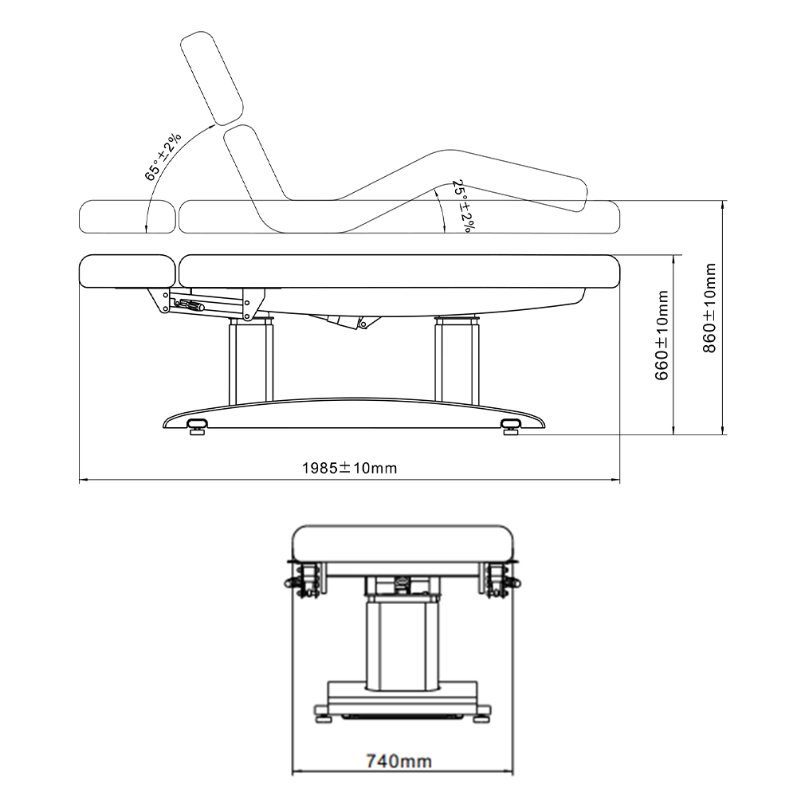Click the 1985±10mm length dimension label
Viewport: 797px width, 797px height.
pos(350,468)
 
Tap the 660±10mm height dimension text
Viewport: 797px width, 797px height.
pos(662,336)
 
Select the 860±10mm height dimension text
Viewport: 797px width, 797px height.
pos(709,308)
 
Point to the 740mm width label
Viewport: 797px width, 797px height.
pos(399,761)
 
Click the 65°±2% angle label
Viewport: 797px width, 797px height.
pos(163,157)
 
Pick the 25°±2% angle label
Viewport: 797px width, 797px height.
pos(461,206)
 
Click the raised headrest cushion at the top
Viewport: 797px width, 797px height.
pos(213,78)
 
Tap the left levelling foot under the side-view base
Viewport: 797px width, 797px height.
pos(197,426)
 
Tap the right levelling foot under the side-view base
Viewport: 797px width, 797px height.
pos(511,426)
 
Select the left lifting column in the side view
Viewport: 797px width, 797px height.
pos(251,360)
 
